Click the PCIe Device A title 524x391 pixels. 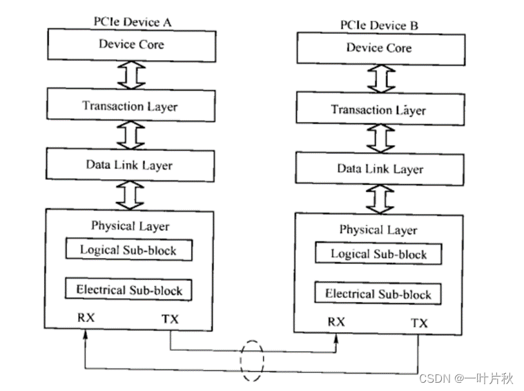(132, 21)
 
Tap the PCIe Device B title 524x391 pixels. (379, 26)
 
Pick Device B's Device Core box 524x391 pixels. (378, 48)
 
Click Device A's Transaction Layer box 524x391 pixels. (129, 106)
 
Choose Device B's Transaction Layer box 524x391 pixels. (378, 110)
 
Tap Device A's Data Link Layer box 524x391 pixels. (129, 166)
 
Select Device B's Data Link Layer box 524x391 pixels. (379, 169)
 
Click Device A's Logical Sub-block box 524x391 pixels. (129, 250)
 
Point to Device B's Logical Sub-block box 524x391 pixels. (378, 254)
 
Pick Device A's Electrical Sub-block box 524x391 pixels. (129, 290)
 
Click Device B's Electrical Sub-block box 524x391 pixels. (378, 294)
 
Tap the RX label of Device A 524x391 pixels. (86, 319)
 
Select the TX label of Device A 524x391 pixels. (170, 319)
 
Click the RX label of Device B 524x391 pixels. (336, 322)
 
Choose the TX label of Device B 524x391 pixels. (419, 323)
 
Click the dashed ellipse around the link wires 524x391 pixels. (252, 361)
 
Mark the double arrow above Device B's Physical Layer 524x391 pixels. (379, 198)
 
